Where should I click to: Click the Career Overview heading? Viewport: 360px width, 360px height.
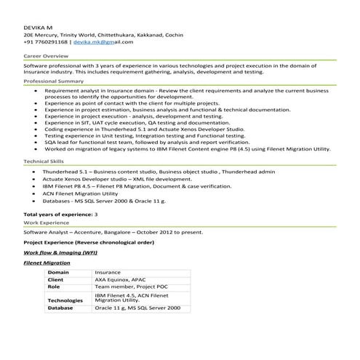47,55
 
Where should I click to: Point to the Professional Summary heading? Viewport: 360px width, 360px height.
54,82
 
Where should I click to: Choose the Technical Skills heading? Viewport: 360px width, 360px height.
44,160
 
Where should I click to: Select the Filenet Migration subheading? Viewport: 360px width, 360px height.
47,263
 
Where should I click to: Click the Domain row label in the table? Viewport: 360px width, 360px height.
58,272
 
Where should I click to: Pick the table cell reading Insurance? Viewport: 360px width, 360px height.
108,272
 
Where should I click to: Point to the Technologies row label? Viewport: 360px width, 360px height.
65,300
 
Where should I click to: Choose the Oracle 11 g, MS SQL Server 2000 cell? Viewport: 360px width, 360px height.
137,308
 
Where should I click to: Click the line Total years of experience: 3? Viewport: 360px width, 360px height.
60,215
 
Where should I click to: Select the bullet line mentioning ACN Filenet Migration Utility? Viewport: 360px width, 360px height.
80,193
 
